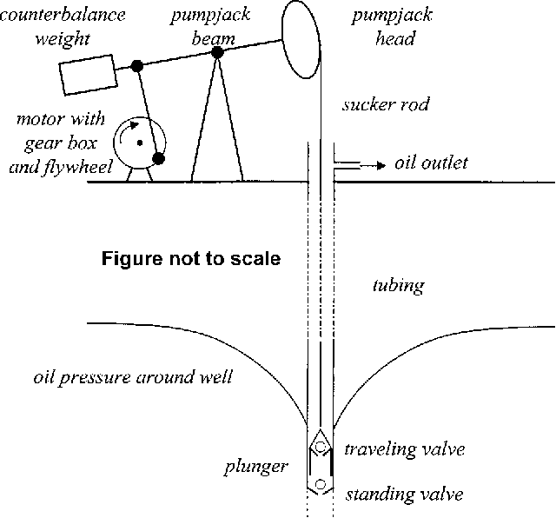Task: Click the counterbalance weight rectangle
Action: click(x=88, y=74)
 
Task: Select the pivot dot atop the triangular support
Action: click(x=217, y=52)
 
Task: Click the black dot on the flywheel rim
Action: click(x=159, y=158)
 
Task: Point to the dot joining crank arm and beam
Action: click(x=136, y=65)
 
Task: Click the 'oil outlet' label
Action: click(x=431, y=163)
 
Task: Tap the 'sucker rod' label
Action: click(x=387, y=106)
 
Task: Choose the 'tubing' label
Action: click(x=397, y=284)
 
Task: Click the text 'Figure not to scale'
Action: click(x=191, y=259)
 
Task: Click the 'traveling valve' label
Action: click(x=404, y=449)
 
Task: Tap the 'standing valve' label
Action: click(x=404, y=495)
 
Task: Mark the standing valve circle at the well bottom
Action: click(x=321, y=484)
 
